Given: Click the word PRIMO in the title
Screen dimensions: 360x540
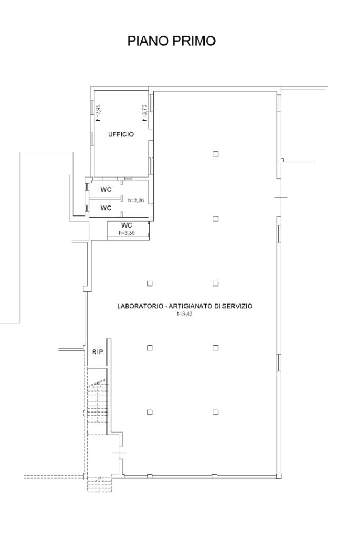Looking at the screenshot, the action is pyautogui.click(x=194, y=41).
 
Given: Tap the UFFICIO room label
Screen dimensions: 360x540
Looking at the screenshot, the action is pyautogui.click(x=121, y=134).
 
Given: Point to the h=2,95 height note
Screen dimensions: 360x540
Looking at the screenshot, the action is pyautogui.click(x=98, y=113).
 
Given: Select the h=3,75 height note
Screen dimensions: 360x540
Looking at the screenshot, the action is pyautogui.click(x=145, y=113).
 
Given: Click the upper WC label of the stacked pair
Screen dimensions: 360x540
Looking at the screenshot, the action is pyautogui.click(x=106, y=190).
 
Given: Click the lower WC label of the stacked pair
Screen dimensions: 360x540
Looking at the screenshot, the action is pyautogui.click(x=106, y=208).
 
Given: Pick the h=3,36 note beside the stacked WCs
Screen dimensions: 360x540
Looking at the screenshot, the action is pyautogui.click(x=136, y=200).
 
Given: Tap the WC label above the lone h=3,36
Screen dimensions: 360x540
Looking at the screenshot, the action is pyautogui.click(x=127, y=225).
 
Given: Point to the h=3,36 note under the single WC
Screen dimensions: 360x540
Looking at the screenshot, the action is pyautogui.click(x=127, y=233).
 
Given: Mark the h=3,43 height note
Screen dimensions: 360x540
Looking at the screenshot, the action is pyautogui.click(x=184, y=314).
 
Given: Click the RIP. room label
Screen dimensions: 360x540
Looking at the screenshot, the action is pyautogui.click(x=98, y=352).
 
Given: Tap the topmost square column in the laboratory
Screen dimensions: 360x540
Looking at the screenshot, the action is pyautogui.click(x=216, y=154).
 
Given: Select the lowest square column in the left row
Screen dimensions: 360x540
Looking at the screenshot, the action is pyautogui.click(x=150, y=412).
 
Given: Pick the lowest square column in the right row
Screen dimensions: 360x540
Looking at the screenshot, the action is pyautogui.click(x=216, y=412).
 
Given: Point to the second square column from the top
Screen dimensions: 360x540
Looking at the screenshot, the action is pyautogui.click(x=216, y=218).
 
